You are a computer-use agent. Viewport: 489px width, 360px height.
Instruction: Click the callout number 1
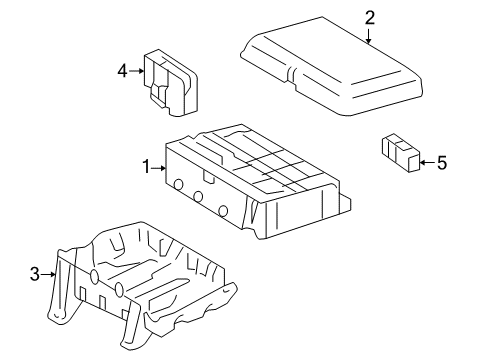coord(145,167)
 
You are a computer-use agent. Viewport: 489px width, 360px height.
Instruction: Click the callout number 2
coord(369,17)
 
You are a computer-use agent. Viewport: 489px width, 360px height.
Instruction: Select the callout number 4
coord(123,70)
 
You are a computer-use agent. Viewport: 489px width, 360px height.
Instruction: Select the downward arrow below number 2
coord(369,36)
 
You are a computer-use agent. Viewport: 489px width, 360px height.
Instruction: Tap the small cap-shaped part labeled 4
coord(171,82)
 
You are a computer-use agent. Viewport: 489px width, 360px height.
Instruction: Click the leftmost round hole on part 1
coord(177,184)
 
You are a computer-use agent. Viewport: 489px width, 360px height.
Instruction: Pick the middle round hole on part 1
coord(199,196)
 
